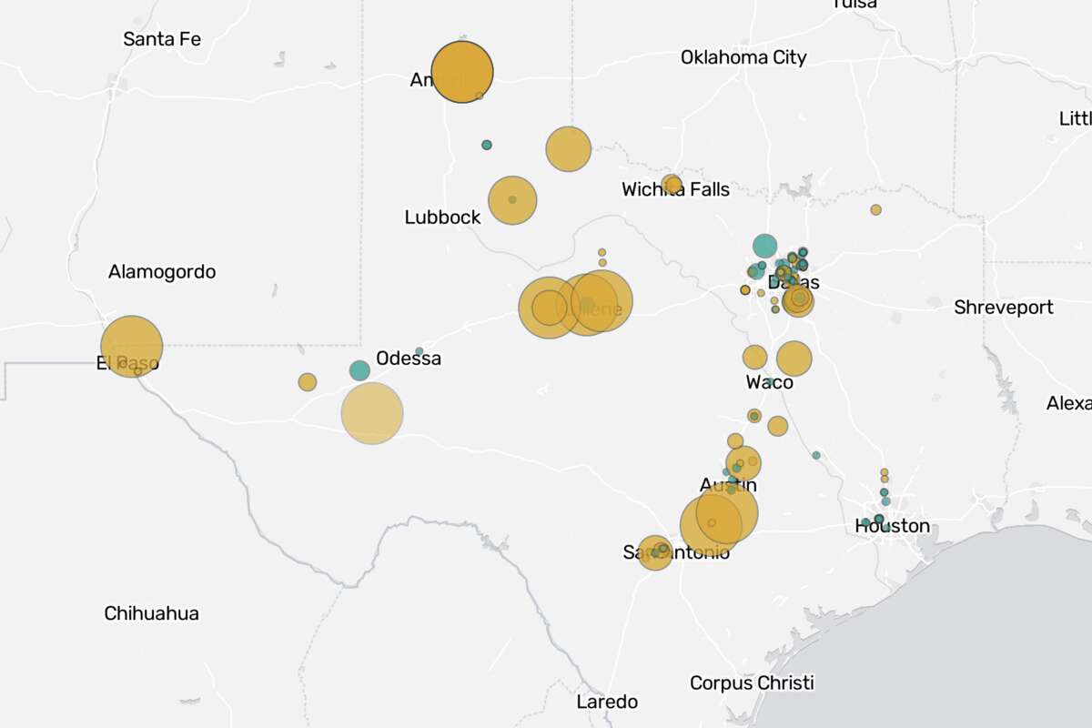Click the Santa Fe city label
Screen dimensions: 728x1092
click(162, 39)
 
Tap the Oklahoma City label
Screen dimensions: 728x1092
click(743, 57)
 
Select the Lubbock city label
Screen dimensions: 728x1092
click(442, 217)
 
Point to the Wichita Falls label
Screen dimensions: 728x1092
click(675, 189)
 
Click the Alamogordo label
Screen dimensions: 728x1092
click(162, 271)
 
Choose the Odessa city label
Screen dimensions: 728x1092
click(409, 359)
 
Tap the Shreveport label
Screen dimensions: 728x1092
click(1004, 308)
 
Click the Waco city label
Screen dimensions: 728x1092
click(769, 382)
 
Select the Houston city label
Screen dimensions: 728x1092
click(892, 526)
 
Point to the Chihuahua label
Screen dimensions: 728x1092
click(151, 613)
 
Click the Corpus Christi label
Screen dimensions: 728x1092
click(752, 682)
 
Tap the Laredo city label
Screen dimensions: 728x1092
click(607, 702)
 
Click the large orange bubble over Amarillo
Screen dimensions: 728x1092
click(462, 72)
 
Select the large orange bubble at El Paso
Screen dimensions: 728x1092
click(132, 347)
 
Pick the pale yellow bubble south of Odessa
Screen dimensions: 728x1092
click(372, 413)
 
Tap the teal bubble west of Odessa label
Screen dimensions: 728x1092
click(359, 370)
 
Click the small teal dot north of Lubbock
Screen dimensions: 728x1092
click(487, 145)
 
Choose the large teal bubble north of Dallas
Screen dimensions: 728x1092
click(764, 246)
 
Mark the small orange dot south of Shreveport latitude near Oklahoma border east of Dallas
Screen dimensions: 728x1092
click(875, 209)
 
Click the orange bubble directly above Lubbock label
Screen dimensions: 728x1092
click(512, 200)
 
